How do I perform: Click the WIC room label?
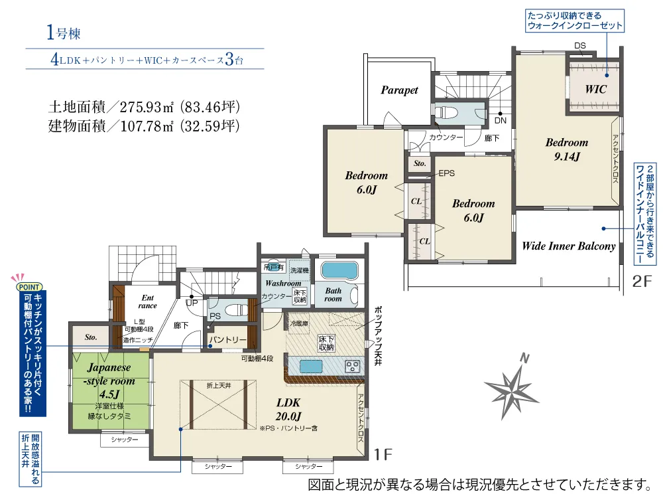[595, 89]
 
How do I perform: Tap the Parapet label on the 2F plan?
[399, 90]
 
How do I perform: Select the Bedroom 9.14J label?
[567, 149]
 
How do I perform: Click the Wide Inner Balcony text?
[568, 246]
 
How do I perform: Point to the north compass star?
[511, 388]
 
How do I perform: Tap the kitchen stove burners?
[352, 366]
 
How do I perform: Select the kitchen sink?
[311, 366]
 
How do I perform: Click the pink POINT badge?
[29, 287]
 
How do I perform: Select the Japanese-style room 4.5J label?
[109, 380]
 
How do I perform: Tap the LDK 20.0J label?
[288, 409]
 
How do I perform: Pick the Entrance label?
[148, 301]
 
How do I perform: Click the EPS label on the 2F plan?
[446, 173]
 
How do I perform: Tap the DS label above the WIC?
[579, 46]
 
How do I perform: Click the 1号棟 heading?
[64, 33]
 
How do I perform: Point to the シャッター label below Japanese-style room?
[125, 440]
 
